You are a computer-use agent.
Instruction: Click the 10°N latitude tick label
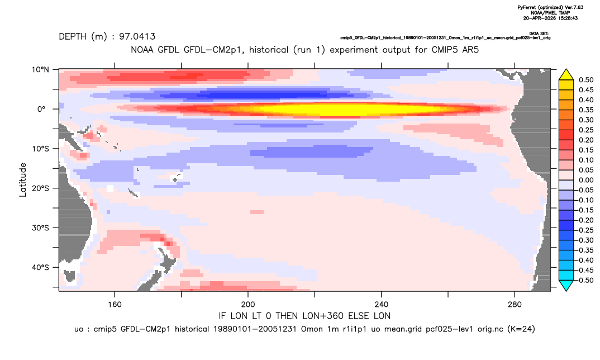pos(40,69)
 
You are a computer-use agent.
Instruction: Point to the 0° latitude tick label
pos(41,109)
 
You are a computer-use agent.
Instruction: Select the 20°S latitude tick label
pos(40,188)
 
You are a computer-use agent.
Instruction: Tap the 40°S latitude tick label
pos(40,267)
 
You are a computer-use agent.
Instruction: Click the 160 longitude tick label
pos(115,305)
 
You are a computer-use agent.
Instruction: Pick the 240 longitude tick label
pos(382,305)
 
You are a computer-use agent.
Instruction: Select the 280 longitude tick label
pos(515,305)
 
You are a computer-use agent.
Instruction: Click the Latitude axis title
pos(23,180)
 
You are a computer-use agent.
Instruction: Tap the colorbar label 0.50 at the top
pos(586,80)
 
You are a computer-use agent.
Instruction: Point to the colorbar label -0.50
pos(585,280)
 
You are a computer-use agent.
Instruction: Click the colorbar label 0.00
pos(586,180)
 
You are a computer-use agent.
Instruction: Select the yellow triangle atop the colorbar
pos(566,75)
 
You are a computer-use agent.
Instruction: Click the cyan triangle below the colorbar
pos(566,285)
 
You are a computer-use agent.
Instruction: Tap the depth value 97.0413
pos(137,37)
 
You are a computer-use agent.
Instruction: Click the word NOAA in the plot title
pos(142,50)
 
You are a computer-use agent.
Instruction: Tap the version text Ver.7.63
pos(574,7)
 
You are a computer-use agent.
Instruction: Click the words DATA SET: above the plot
pos(540,34)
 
